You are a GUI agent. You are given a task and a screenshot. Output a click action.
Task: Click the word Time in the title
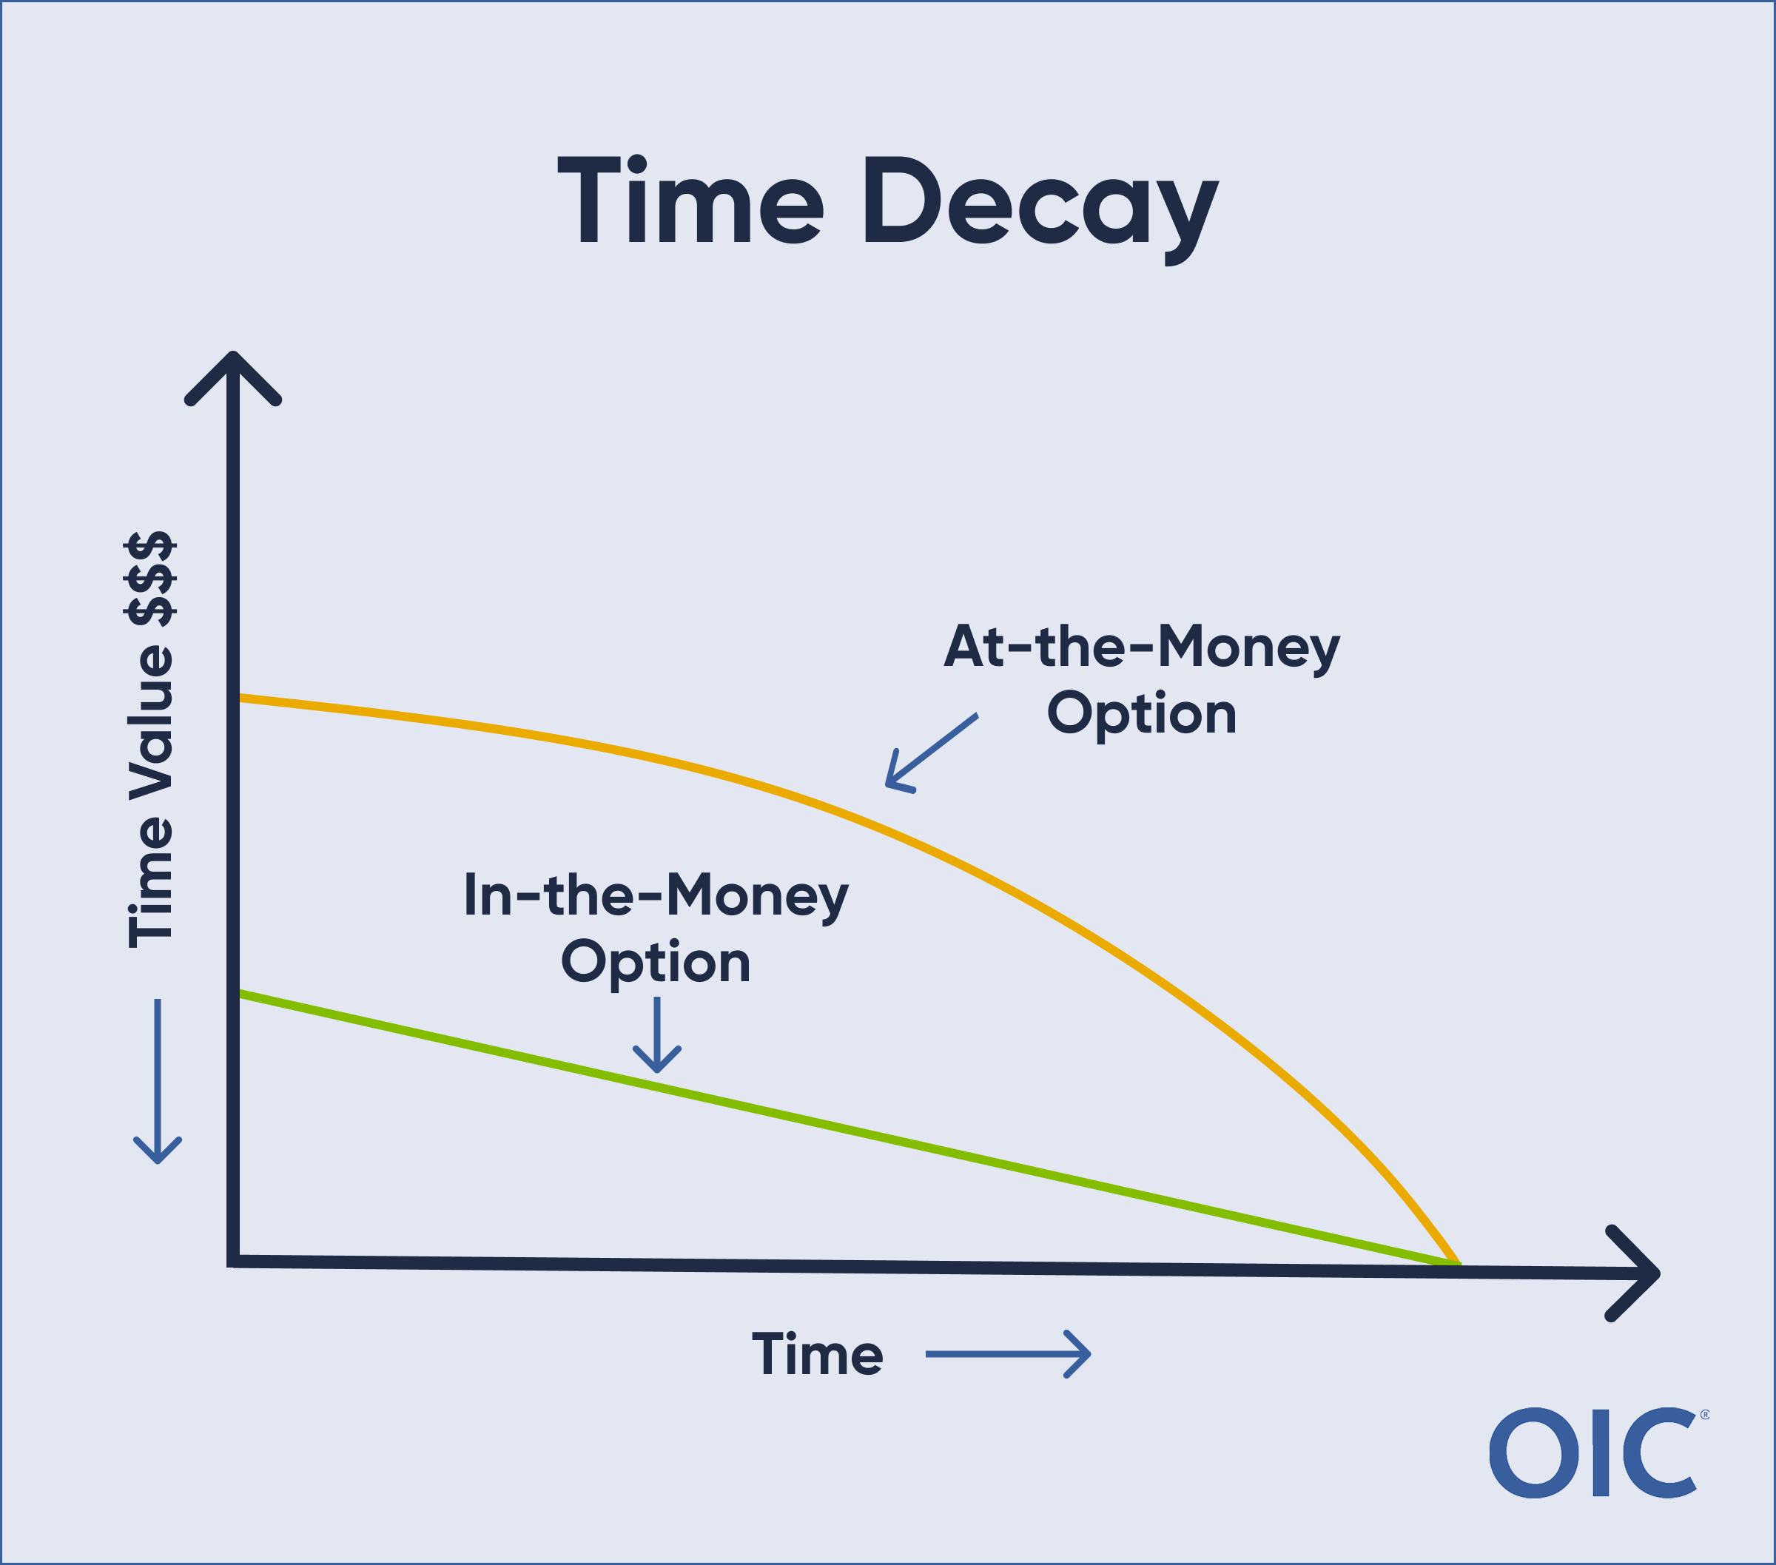point(690,201)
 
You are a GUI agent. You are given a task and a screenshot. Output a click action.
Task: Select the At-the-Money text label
point(1142,648)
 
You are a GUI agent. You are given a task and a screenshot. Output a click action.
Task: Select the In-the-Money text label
point(656,896)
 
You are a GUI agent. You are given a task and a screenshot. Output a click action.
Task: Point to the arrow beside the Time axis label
point(1007,1354)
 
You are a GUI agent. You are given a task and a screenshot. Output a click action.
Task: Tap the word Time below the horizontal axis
point(817,1355)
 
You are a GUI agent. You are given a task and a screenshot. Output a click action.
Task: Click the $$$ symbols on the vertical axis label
point(151,579)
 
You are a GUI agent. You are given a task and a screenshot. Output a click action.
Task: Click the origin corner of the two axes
point(233,1261)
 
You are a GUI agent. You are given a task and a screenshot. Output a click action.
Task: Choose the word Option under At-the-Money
point(1142,714)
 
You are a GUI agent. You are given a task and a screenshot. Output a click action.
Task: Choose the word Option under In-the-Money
point(656,962)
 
